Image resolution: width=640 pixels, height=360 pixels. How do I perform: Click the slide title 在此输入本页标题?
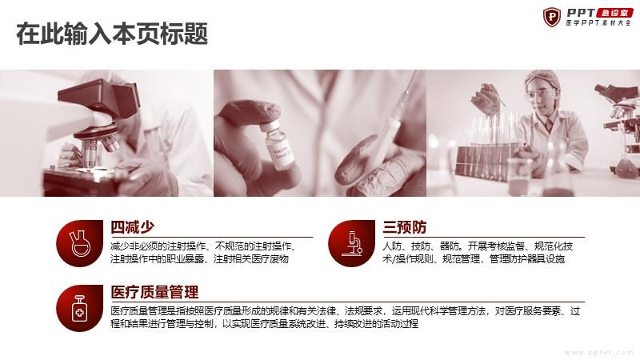click(x=112, y=34)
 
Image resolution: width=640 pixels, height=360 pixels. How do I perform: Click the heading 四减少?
click(x=133, y=227)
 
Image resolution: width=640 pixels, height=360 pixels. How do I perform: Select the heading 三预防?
click(x=405, y=227)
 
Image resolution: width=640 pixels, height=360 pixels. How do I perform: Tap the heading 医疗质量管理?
click(x=154, y=292)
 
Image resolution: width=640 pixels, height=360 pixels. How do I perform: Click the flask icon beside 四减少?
click(x=80, y=243)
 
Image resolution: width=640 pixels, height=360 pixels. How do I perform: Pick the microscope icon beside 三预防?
click(x=352, y=243)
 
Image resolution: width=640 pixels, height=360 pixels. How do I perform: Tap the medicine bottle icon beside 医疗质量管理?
click(x=80, y=308)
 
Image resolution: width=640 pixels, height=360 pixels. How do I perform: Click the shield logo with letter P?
click(x=552, y=17)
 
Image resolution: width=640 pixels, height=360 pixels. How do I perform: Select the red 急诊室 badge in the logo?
click(x=614, y=13)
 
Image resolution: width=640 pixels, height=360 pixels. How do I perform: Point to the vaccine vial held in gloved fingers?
click(x=278, y=144)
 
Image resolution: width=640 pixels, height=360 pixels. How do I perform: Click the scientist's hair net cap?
click(x=542, y=78)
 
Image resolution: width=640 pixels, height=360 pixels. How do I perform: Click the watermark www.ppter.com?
click(x=598, y=352)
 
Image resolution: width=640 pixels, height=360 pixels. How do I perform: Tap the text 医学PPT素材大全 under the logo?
click(x=598, y=23)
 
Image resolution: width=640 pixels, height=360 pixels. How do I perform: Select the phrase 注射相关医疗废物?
click(x=251, y=258)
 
